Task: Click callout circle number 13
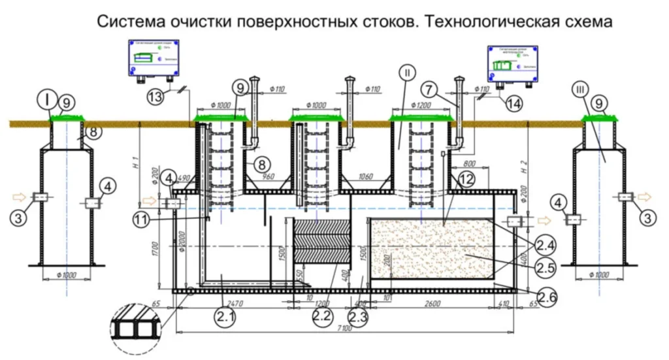[155, 97]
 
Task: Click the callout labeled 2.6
[547, 298]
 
